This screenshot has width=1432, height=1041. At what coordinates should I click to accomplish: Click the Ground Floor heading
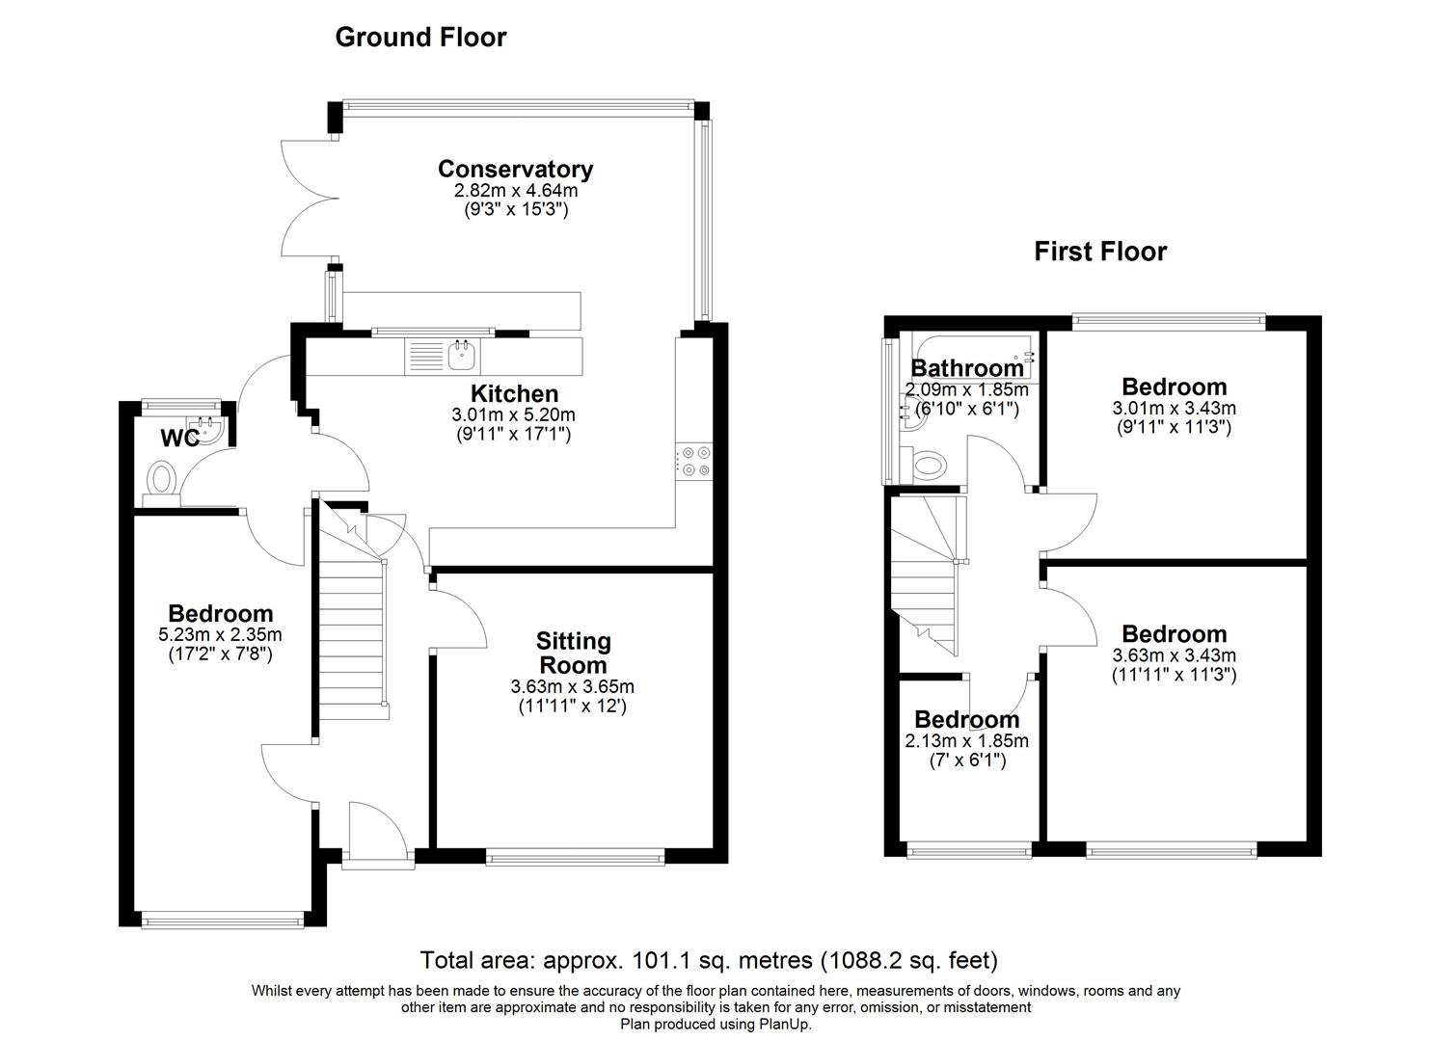(420, 38)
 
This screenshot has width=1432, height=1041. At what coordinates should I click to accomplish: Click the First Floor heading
(1100, 252)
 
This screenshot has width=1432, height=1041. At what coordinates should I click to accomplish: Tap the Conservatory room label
(515, 170)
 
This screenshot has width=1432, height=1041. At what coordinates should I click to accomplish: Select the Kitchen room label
(514, 394)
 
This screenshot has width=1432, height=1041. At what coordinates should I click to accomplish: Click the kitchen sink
(463, 355)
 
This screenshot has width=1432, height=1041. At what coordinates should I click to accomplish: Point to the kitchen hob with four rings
(694, 461)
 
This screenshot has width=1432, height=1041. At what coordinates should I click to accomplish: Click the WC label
(179, 439)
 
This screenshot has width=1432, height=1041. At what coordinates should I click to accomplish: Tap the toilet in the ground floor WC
(162, 478)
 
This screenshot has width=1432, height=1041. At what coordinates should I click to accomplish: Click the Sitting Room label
(574, 653)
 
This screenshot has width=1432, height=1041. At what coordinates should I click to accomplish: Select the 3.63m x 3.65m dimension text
(573, 687)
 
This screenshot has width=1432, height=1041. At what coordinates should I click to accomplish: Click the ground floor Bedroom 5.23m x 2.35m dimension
(220, 635)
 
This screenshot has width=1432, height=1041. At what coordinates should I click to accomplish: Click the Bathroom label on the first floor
(967, 368)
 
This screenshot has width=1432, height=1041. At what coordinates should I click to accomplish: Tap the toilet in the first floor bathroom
(929, 467)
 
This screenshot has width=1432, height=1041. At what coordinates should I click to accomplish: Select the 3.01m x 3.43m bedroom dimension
(1174, 408)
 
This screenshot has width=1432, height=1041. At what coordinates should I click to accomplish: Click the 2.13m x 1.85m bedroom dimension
(966, 741)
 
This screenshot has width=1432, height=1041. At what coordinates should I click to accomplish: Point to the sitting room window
(575, 855)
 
